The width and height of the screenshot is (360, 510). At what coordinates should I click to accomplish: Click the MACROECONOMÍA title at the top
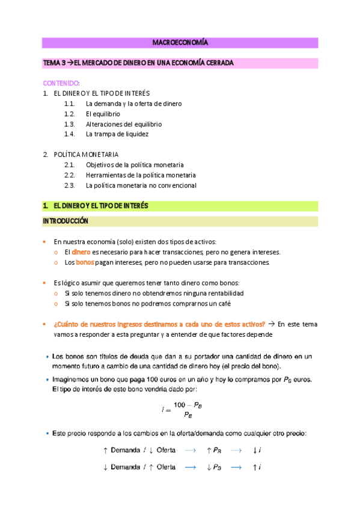(x=180, y=43)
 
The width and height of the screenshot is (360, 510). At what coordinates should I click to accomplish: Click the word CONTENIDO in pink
(x=60, y=83)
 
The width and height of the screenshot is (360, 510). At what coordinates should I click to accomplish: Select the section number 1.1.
(x=69, y=103)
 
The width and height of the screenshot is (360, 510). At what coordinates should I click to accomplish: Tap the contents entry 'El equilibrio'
(x=103, y=114)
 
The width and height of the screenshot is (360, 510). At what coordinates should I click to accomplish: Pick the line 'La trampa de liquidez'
(x=117, y=134)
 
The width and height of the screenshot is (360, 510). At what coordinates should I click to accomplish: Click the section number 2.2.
(x=69, y=175)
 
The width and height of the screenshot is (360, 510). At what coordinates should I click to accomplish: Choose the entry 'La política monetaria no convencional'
(x=141, y=185)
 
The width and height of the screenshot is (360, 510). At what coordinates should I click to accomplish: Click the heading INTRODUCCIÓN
(x=66, y=221)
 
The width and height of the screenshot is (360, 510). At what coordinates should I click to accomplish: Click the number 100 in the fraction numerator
(x=178, y=405)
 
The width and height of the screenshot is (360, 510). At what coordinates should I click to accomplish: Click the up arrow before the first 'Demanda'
(x=105, y=450)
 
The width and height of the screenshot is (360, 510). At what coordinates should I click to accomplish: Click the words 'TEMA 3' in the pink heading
(x=52, y=63)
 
